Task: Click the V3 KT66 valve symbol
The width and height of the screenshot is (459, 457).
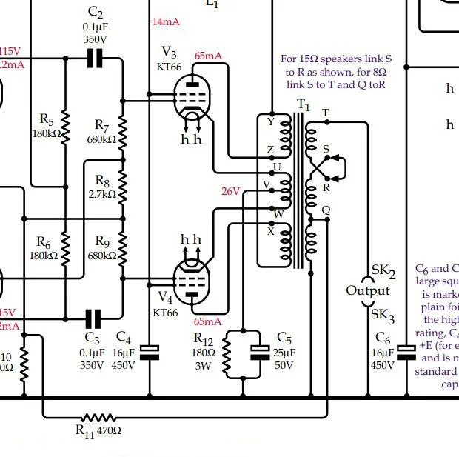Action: [x=193, y=97]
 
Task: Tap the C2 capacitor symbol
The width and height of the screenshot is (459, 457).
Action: [x=94, y=59]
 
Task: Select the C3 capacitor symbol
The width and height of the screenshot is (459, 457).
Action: [x=93, y=318]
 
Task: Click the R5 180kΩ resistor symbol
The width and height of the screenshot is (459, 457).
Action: [x=65, y=127]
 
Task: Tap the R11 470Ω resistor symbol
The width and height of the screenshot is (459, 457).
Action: [x=98, y=418]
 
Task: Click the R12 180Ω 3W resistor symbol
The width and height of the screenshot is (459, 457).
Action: [x=227, y=354]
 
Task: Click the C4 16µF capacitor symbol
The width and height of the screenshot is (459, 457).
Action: [x=150, y=353]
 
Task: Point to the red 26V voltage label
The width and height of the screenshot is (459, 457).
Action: [x=231, y=191]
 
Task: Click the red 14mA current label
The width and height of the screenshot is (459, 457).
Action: [x=166, y=21]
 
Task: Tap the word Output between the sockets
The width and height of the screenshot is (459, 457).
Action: [x=368, y=290]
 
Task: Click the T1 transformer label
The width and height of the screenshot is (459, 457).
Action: [x=303, y=105]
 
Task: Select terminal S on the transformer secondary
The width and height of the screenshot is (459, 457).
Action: [x=326, y=150]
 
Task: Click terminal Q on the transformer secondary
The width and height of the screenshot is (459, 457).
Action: [x=326, y=210]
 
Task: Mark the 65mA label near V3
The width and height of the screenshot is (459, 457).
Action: [x=208, y=56]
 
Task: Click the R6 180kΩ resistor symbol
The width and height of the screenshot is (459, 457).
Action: [x=65, y=244]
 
